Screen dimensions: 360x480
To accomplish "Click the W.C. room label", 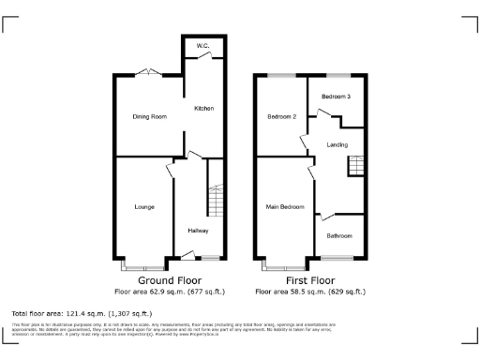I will [202, 47].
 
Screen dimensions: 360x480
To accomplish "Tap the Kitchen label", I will [204, 109].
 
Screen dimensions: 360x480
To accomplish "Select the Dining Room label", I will [148, 116].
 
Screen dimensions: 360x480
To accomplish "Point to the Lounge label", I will [144, 206].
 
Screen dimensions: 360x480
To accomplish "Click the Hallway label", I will [198, 230].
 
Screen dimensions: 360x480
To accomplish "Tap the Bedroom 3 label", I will [336, 97].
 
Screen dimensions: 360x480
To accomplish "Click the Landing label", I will [337, 145].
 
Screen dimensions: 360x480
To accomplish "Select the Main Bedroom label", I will [284, 206].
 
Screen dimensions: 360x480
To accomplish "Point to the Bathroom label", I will [339, 234].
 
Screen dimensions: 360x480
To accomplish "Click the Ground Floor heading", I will [170, 280].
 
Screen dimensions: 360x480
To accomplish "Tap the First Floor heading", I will [310, 280].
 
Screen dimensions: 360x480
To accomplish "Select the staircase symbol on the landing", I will [355, 165].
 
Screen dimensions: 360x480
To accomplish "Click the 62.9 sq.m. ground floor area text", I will [170, 292].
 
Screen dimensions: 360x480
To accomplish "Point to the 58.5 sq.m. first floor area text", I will [310, 292].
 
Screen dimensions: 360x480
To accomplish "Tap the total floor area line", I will [82, 313].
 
